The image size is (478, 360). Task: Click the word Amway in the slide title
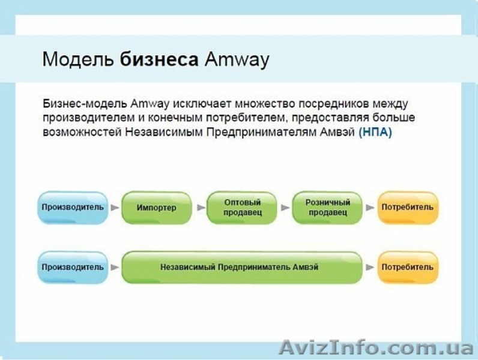click(237, 59)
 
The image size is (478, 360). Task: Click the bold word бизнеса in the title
click(159, 59)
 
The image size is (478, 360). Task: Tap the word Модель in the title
click(78, 59)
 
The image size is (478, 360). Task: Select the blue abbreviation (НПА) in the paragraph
click(375, 133)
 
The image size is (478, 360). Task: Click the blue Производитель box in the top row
click(73, 208)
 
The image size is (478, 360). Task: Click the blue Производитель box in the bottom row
click(73, 267)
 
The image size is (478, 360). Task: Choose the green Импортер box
click(156, 208)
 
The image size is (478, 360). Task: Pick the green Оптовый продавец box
click(241, 208)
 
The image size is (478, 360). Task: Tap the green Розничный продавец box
click(327, 208)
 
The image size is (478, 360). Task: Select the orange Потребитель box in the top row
click(407, 208)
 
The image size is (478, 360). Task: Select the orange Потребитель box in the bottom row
click(407, 267)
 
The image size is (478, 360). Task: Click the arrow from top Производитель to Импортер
click(115, 208)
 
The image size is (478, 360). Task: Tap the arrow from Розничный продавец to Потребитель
click(370, 208)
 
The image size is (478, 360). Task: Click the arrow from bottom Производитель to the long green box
click(115, 267)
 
